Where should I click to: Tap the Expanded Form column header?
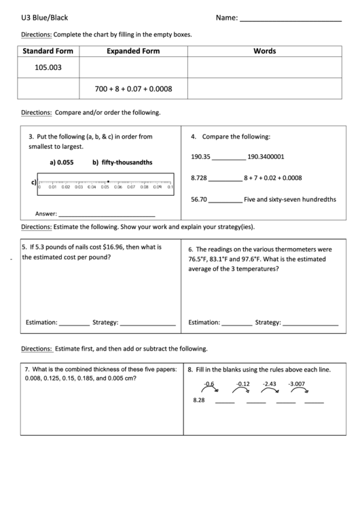coord(133,51)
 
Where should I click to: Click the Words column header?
coord(264,51)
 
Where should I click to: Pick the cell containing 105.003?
coord(48,67)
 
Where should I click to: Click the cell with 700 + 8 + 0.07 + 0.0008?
coord(133,88)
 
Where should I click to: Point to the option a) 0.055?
coord(61,162)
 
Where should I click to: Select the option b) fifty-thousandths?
coord(122,162)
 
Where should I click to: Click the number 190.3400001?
coord(266,156)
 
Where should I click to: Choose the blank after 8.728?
coord(224,179)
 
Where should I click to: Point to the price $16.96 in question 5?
coord(111,247)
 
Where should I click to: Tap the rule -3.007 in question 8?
coord(296,384)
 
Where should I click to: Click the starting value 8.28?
coord(198,400)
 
